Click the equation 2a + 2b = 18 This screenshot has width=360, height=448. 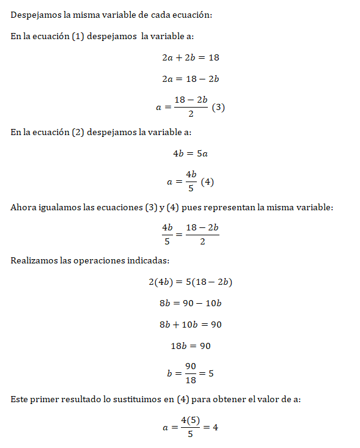pyautogui.click(x=188, y=57)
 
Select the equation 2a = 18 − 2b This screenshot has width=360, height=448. pyautogui.click(x=188, y=79)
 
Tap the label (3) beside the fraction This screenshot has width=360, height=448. pyautogui.click(x=219, y=107)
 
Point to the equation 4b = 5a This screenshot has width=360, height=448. pyautogui.click(x=190, y=153)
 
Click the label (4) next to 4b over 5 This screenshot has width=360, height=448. pyautogui.click(x=207, y=182)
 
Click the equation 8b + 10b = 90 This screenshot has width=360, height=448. pyautogui.click(x=189, y=325)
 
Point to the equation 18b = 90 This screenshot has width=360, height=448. pyautogui.click(x=190, y=346)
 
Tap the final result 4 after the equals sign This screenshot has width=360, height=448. pyautogui.click(x=215, y=427)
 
